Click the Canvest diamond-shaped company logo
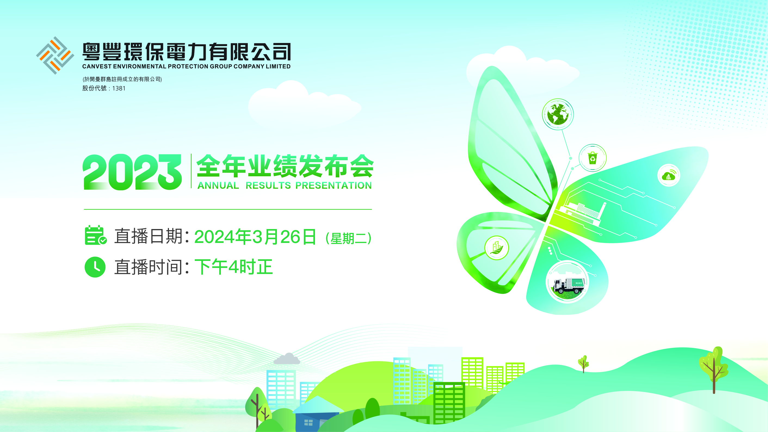55,55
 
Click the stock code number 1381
119,88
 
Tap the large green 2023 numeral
132,172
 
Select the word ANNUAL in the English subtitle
218,186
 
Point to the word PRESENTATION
334,186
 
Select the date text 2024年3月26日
255,237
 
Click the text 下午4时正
234,267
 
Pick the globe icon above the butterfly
557,114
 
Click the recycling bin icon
593,158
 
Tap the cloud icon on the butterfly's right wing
669,175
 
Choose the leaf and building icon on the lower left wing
497,248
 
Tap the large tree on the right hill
713,370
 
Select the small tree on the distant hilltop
584,364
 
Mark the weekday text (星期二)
348,239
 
